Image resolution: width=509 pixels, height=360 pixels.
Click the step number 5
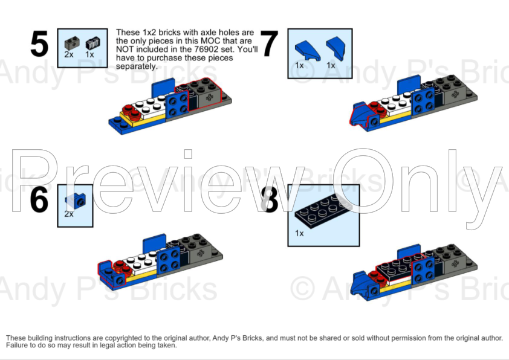pos(39,45)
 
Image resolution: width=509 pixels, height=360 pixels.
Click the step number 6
pos(39,200)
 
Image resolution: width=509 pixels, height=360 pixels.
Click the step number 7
pos(270,45)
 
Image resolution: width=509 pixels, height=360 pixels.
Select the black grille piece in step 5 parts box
pos(91,42)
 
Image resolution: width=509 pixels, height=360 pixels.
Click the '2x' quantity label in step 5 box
pos(69,54)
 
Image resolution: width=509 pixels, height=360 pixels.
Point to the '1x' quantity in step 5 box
pos(89,54)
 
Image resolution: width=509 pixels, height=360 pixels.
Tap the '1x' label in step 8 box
pos(299,233)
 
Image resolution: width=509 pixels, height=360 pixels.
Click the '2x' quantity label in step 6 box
pos(69,214)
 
